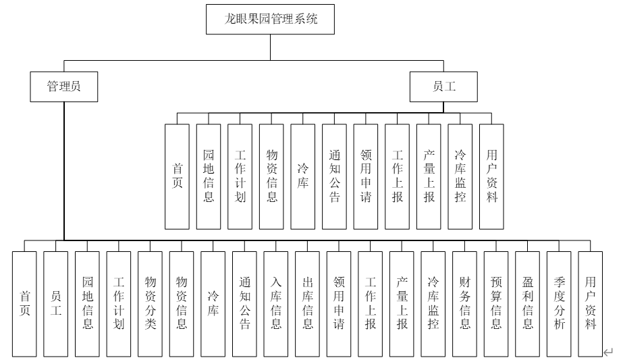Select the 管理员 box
point(63,86)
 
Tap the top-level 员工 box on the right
point(443,86)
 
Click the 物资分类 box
point(150,303)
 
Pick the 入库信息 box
point(276,303)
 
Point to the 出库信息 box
point(307,303)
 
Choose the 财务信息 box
point(465,303)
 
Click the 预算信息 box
point(496,303)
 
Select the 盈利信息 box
point(528,303)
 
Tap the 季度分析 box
point(560,303)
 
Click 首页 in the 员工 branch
point(178,176)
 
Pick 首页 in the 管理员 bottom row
point(24,303)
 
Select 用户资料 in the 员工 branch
point(492,176)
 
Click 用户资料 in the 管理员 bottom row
point(591,303)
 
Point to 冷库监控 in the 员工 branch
point(460,176)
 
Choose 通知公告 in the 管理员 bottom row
point(244,303)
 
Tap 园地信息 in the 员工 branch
point(209,176)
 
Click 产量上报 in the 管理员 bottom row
point(402,303)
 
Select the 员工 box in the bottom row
point(56,303)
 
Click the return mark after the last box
point(609,351)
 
